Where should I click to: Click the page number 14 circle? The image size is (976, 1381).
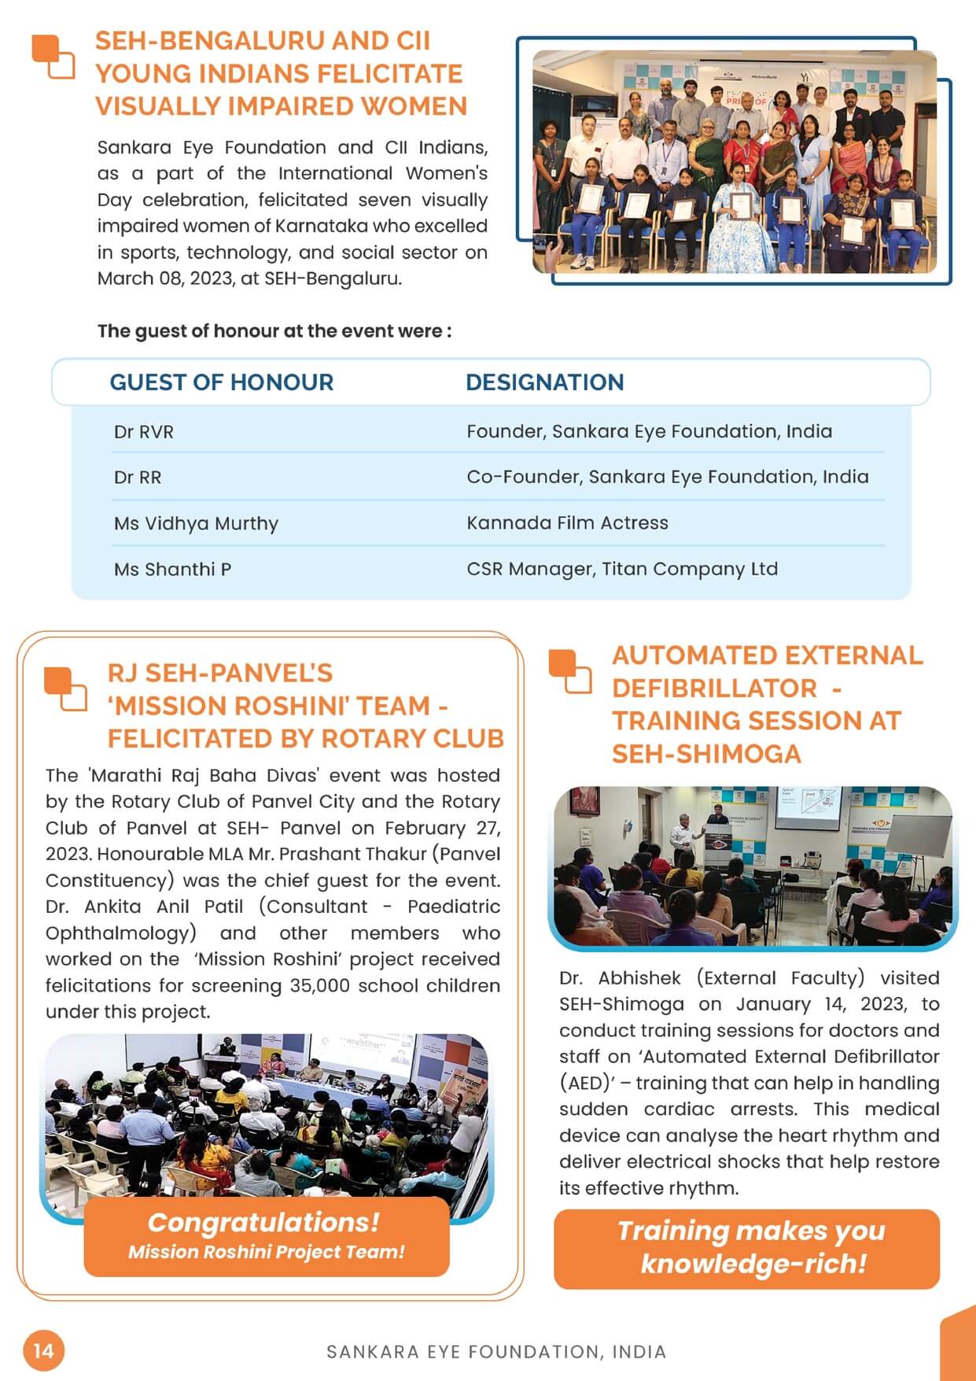(43, 1350)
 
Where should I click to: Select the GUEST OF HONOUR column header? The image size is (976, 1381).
(221, 382)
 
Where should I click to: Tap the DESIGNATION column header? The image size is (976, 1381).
(544, 382)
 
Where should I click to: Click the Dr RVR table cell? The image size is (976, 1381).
(144, 432)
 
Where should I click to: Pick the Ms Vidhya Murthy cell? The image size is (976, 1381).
(196, 524)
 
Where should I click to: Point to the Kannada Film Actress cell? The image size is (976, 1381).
(567, 523)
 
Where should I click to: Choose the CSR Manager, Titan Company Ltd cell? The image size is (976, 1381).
(621, 569)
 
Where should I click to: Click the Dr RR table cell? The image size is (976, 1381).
(138, 478)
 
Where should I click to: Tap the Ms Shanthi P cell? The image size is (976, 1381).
(172, 570)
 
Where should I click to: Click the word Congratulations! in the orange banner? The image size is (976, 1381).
(263, 1222)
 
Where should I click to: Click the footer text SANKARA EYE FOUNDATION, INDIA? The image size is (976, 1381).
(496, 1352)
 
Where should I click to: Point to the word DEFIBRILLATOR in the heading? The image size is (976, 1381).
(714, 689)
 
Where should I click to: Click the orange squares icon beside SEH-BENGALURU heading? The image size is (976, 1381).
(53, 57)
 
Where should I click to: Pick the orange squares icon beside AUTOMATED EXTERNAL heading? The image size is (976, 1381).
(569, 671)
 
